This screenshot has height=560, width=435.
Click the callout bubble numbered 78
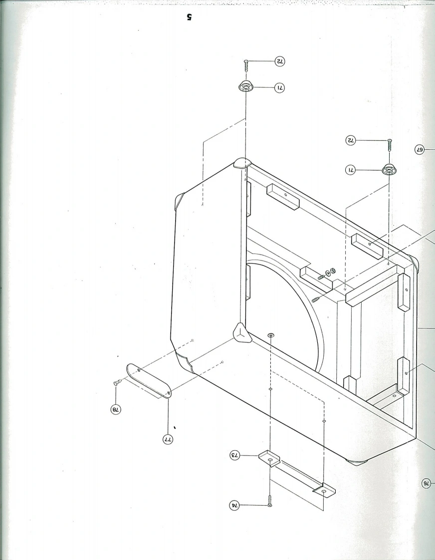pos(116,410)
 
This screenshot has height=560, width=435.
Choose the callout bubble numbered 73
pos(235,455)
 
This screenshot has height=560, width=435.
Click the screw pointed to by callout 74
pos(269,501)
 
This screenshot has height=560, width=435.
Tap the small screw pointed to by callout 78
pos(117,382)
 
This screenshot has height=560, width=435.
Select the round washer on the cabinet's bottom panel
pos(270,335)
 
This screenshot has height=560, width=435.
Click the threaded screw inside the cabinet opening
pos(316,298)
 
